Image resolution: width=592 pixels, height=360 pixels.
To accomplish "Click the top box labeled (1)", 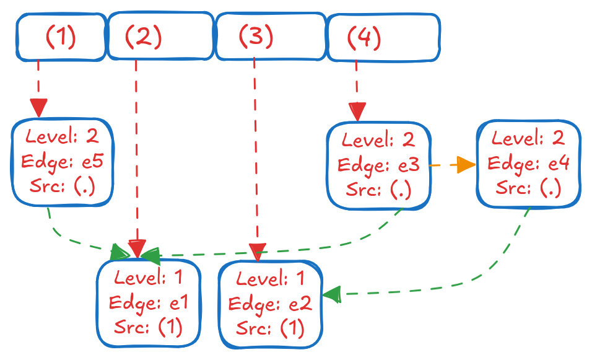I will (x=60, y=37).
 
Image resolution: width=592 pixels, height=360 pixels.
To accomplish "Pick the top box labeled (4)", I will (x=383, y=38).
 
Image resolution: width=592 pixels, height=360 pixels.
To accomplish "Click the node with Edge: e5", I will (x=61, y=162).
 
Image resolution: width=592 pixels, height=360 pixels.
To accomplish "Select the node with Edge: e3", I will (x=378, y=165).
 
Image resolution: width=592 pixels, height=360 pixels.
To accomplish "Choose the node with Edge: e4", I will (x=528, y=164).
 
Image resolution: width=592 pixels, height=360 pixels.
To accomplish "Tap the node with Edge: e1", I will (x=149, y=303).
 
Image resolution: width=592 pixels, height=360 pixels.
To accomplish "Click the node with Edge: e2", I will (x=271, y=304).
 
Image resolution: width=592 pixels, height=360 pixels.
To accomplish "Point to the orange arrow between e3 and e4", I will (x=452, y=165).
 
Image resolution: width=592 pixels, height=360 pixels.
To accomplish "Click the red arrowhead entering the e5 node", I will (x=39, y=108).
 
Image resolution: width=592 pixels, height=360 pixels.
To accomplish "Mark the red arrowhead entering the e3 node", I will (x=357, y=112).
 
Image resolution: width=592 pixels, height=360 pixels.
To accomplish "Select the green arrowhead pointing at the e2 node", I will (x=332, y=294).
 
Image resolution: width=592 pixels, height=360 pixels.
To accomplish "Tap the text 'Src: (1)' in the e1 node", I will (x=149, y=327).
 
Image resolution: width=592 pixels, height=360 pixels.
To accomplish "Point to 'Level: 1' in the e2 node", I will (x=271, y=280).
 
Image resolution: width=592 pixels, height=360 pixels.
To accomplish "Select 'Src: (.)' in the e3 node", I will (x=378, y=190).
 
